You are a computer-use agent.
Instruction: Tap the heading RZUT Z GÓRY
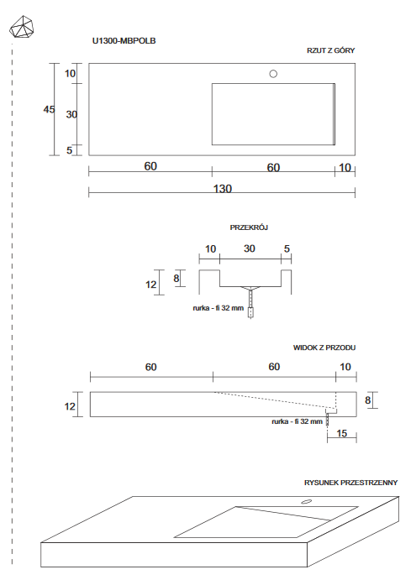pos(330,50)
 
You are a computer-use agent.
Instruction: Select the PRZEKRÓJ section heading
pos(249,227)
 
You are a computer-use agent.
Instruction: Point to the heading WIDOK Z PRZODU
pos(323,347)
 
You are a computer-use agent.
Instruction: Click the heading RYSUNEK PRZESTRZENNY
pos(350,483)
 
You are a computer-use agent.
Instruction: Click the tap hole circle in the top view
pos(272,74)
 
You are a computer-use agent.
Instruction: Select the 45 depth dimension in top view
pos(50,109)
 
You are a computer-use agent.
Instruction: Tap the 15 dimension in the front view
pos(341,433)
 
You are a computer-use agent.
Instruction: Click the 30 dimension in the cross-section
pos(250,248)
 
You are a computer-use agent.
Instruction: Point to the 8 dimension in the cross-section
pos(176,278)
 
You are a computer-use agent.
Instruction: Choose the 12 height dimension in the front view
pos(71,406)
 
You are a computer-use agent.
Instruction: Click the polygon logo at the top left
pos(23,27)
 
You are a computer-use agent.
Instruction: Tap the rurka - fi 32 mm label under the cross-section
pos(218,308)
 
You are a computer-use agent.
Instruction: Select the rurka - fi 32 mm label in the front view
pos(297,421)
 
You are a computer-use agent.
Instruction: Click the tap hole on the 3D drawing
pos(306,502)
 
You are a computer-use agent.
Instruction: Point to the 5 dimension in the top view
pos(71,150)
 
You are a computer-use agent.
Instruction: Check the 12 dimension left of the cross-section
pos(151,285)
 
